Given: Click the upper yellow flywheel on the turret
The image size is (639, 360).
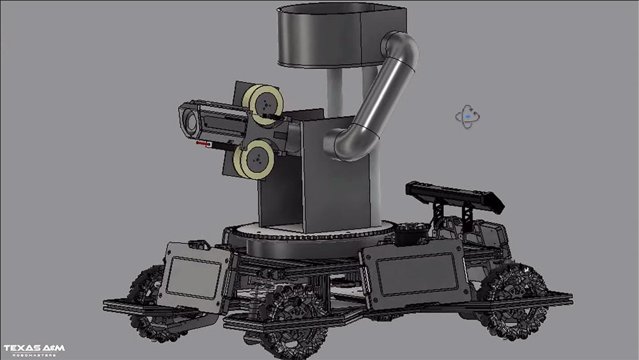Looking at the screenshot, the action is (x=264, y=104).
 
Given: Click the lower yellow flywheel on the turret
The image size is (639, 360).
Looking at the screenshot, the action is (x=254, y=159).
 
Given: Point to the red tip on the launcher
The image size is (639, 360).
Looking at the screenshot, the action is (x=203, y=143).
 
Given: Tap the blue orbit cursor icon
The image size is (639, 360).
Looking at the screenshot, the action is (x=468, y=116).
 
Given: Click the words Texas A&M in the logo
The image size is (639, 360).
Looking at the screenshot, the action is (x=35, y=348).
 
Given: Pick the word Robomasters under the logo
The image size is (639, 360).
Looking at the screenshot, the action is (x=35, y=355).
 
